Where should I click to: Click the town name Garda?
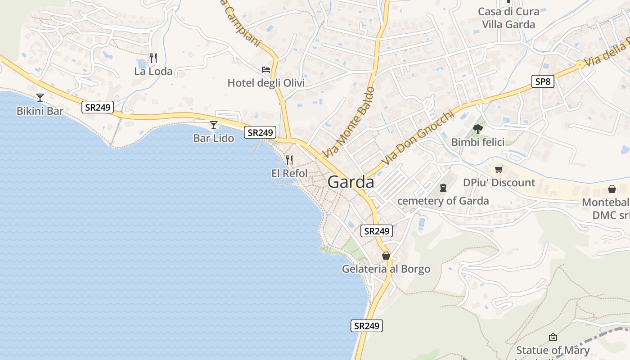click(351, 182)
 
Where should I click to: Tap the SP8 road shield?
click(542, 81)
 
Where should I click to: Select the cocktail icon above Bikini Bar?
click(40, 97)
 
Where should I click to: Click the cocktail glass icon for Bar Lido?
click(214, 125)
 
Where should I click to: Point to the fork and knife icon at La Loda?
click(153, 58)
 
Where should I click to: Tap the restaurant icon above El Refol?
click(289, 160)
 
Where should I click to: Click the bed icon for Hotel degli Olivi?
click(266, 70)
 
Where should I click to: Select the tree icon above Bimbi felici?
click(478, 129)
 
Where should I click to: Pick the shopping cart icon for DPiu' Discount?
click(499, 170)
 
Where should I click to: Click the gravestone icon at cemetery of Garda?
click(443, 187)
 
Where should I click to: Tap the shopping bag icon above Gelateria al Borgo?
click(386, 256)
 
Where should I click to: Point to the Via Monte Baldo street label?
click(349, 122)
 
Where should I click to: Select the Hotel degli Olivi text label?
click(266, 83)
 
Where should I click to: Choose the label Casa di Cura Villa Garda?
click(508, 18)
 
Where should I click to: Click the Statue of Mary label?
click(553, 350)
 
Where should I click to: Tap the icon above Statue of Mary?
click(553, 337)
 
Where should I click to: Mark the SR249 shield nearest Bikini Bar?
click(97, 107)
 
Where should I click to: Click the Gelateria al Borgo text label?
click(386, 269)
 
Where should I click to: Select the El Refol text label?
click(289, 173)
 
